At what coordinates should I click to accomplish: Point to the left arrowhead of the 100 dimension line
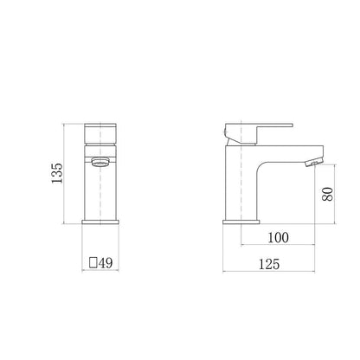coord(243,246)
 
